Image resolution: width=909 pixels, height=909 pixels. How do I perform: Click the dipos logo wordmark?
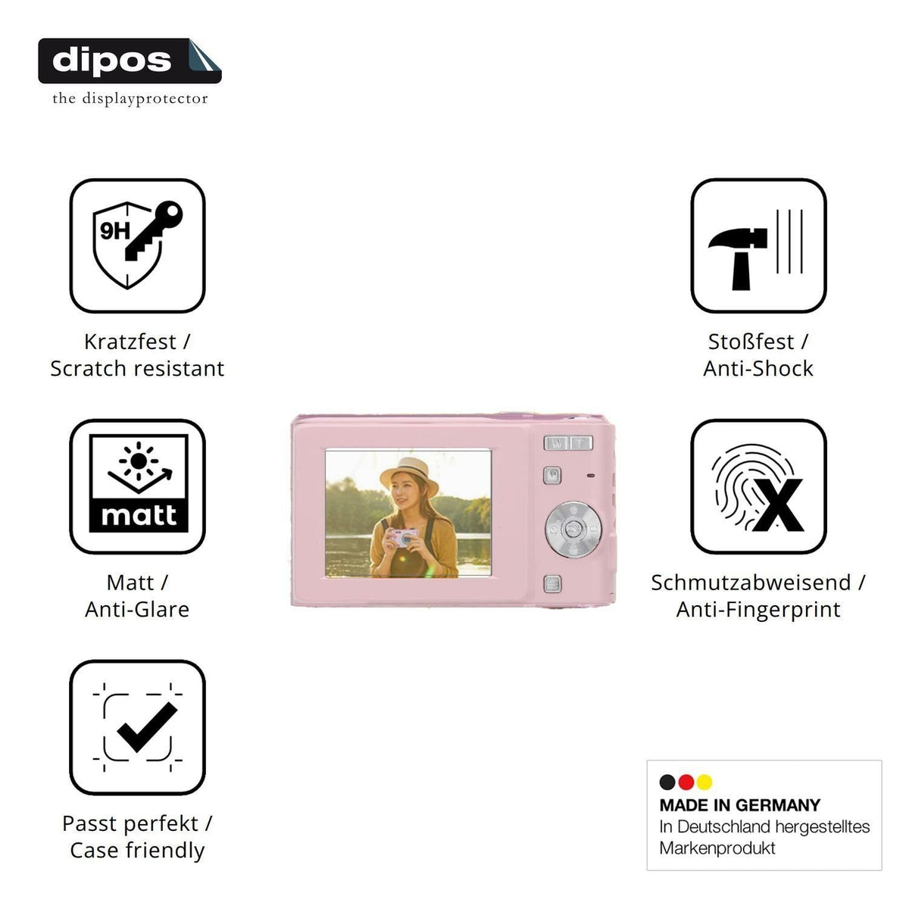point(112,61)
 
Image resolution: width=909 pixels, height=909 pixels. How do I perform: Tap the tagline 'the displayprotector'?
point(130,98)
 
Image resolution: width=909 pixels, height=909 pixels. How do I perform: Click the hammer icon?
point(738,258)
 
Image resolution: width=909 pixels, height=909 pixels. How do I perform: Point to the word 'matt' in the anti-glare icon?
point(139,515)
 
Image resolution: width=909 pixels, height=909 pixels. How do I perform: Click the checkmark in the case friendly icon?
point(147,727)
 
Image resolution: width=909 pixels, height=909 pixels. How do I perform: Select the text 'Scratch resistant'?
point(137,368)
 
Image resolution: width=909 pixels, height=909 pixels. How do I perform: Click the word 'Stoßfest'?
point(751,342)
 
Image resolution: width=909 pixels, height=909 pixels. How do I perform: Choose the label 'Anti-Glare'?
point(137,610)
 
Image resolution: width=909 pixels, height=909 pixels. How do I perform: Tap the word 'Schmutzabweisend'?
point(751,583)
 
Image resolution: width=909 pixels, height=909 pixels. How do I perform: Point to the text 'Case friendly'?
point(137,851)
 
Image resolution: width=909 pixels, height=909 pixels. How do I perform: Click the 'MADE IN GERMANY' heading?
point(739,805)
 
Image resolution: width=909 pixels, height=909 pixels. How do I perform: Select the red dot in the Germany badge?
point(686,782)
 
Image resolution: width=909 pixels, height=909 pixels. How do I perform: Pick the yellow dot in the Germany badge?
point(704,782)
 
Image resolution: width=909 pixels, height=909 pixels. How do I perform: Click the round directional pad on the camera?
point(573,529)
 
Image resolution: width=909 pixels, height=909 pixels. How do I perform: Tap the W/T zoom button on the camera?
point(568,443)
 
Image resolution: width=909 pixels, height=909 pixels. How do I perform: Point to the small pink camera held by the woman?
point(402,537)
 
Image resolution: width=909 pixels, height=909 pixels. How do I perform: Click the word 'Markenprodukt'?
point(717,848)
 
